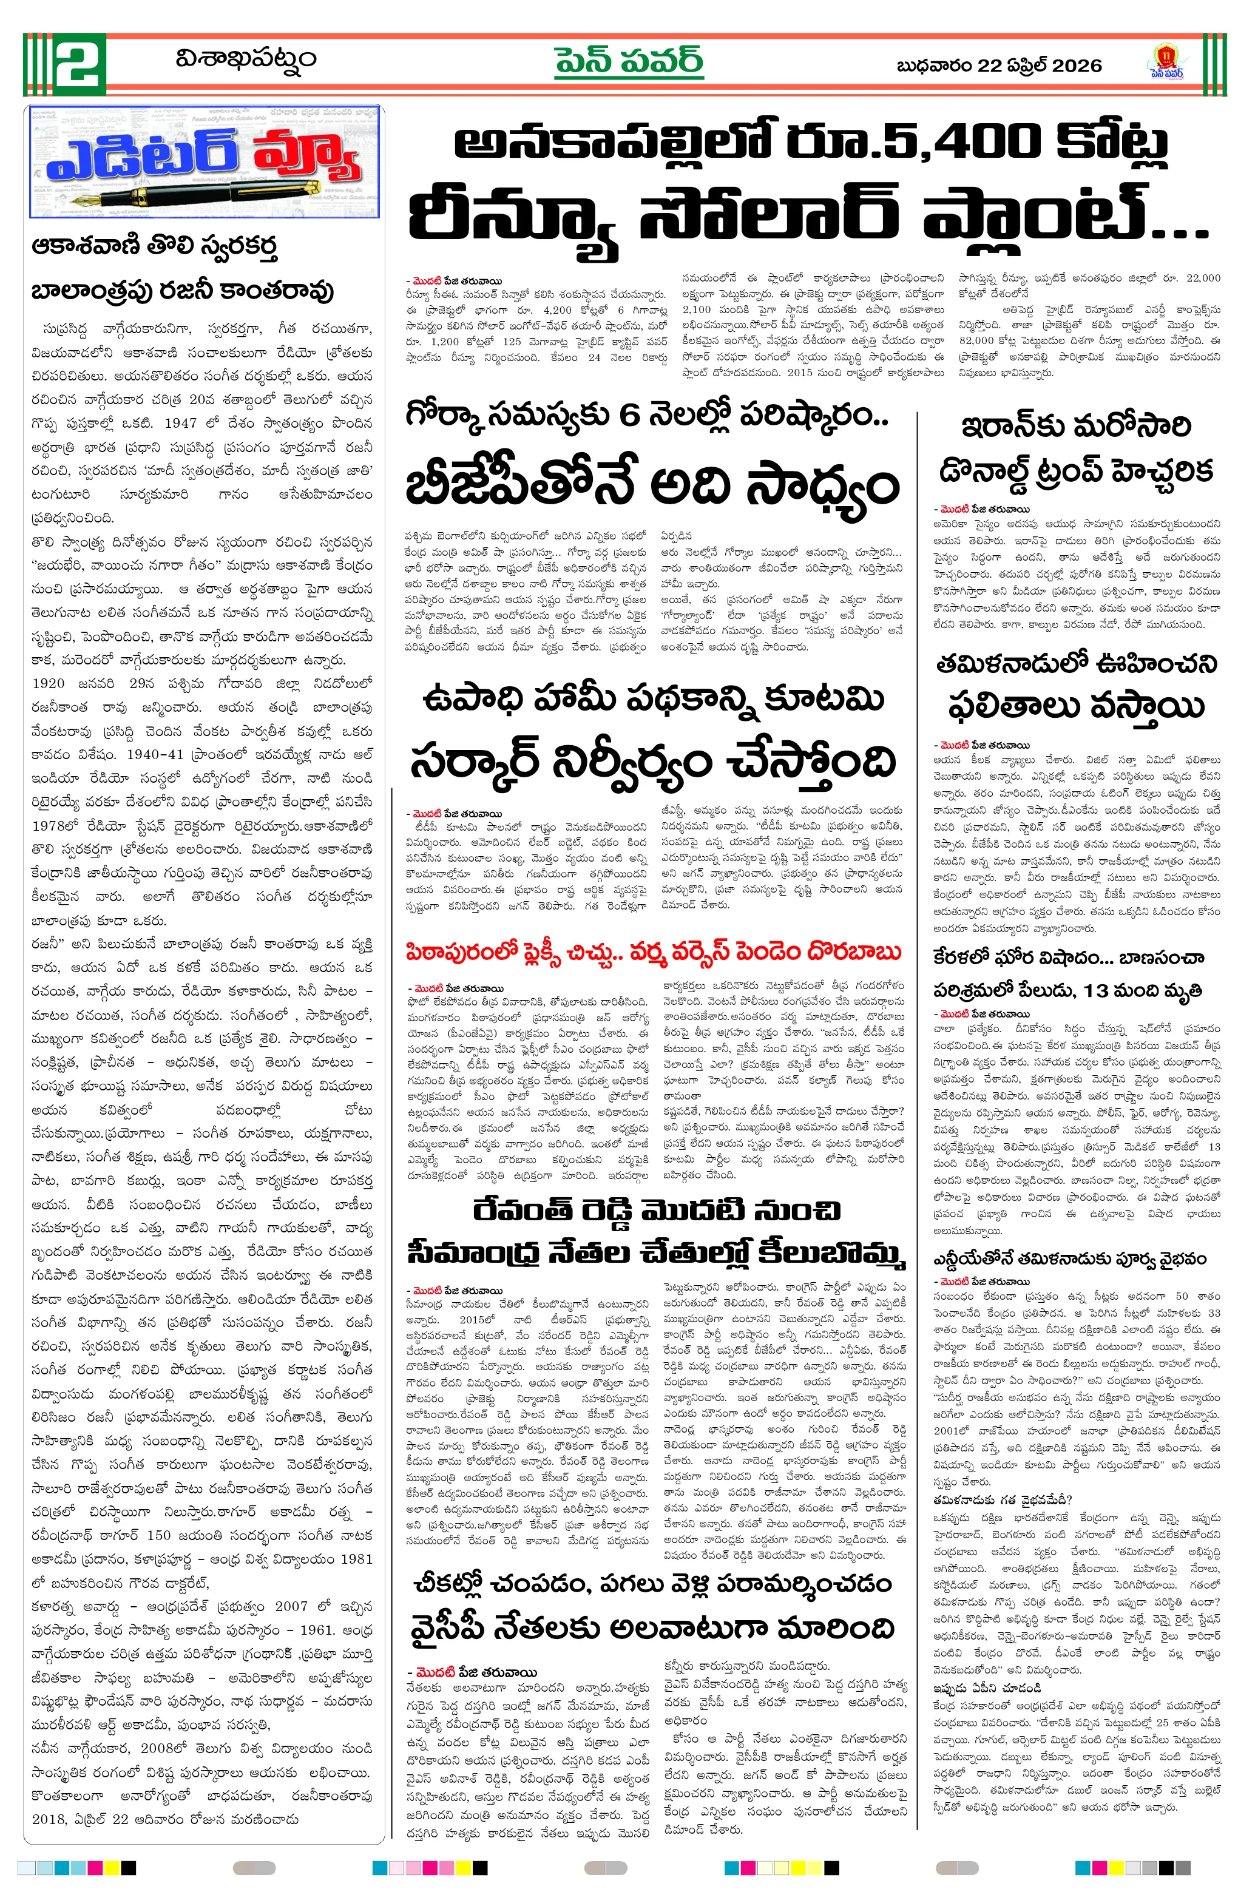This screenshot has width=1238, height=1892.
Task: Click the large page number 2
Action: click(x=77, y=62)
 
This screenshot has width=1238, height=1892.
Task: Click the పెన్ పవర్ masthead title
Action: click(x=628, y=62)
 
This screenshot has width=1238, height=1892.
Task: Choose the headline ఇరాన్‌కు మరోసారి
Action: click(x=1075, y=428)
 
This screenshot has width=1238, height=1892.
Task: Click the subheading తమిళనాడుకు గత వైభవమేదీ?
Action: click(x=1002, y=1500)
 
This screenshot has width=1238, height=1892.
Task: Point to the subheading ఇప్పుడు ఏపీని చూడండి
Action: click(x=987, y=1687)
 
